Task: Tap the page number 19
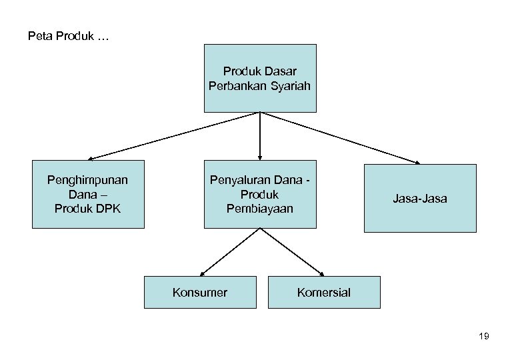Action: click(484, 337)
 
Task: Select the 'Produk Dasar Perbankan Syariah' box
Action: click(259, 78)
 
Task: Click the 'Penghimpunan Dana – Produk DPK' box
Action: click(88, 194)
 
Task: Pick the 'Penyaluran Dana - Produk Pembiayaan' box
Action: click(259, 194)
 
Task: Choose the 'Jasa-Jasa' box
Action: click(420, 199)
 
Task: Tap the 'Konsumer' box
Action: click(200, 292)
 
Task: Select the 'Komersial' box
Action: click(324, 292)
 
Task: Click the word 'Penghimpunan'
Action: click(88, 179)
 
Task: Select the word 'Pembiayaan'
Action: click(259, 209)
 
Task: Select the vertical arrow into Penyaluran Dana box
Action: click(259, 136)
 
